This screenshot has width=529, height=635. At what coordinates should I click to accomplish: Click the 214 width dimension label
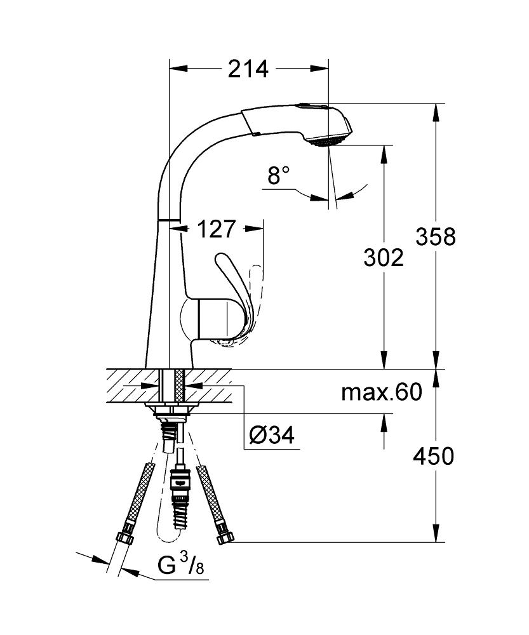pyautogui.click(x=248, y=69)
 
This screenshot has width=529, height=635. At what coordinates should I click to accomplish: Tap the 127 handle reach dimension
pyautogui.click(x=217, y=229)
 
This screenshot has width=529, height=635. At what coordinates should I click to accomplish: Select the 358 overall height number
pyautogui.click(x=436, y=236)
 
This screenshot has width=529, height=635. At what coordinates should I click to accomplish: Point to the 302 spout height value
pyautogui.click(x=384, y=258)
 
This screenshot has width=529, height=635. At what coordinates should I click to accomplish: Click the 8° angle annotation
pyautogui.click(x=279, y=176)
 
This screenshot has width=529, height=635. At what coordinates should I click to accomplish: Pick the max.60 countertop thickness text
pyautogui.click(x=382, y=392)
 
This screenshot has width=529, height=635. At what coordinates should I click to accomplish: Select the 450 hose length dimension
pyautogui.click(x=433, y=456)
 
